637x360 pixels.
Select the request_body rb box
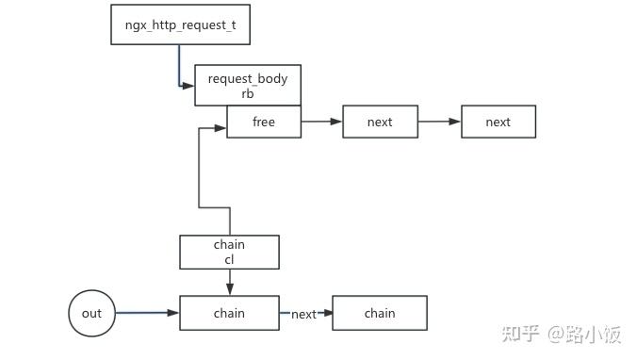tap(247, 86)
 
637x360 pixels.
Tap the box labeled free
tap(263, 122)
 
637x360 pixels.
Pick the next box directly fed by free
tap(379, 122)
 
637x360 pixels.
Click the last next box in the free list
tap(498, 122)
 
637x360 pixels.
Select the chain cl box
tap(229, 252)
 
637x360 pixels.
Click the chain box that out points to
tap(229, 313)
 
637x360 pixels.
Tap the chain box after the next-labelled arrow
tap(380, 313)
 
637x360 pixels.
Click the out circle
tap(91, 313)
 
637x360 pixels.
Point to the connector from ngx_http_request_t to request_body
tap(179, 66)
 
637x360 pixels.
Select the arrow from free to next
tap(321, 122)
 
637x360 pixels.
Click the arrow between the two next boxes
tap(438, 122)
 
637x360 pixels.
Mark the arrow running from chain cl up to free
tap(200, 170)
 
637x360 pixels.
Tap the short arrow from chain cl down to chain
tap(229, 282)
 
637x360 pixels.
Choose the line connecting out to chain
tap(147, 313)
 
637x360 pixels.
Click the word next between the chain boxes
tap(303, 314)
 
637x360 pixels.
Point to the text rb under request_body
tap(247, 94)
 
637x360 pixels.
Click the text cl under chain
tap(229, 259)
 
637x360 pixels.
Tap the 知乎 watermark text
tap(519, 334)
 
